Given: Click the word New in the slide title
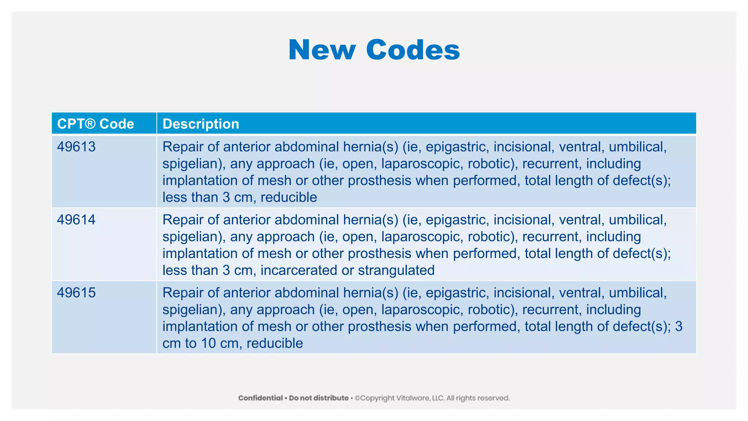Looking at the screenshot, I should [x=321, y=50].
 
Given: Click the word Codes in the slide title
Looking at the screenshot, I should [x=413, y=50].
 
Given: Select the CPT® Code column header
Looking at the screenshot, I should [x=96, y=124].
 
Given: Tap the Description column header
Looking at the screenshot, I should [x=201, y=124].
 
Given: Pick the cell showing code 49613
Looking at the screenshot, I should [x=76, y=147].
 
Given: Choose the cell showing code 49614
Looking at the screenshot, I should [x=76, y=220].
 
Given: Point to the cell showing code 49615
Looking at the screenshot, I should [x=76, y=293].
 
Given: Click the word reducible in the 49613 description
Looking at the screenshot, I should [x=289, y=197].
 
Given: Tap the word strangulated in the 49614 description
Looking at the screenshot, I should [x=396, y=270].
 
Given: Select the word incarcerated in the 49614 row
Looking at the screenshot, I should [x=299, y=270].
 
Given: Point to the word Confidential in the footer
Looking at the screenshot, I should [x=260, y=398].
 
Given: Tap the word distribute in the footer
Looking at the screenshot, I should [x=330, y=398].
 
